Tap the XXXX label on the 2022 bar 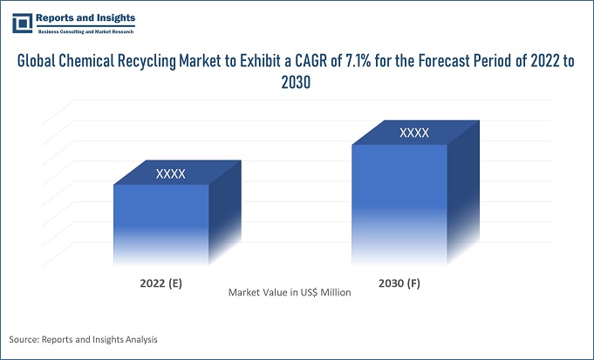pos(170,174)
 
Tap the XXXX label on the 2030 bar pos(414,133)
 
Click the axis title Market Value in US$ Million pos(290,293)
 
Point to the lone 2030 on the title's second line pos(297,83)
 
